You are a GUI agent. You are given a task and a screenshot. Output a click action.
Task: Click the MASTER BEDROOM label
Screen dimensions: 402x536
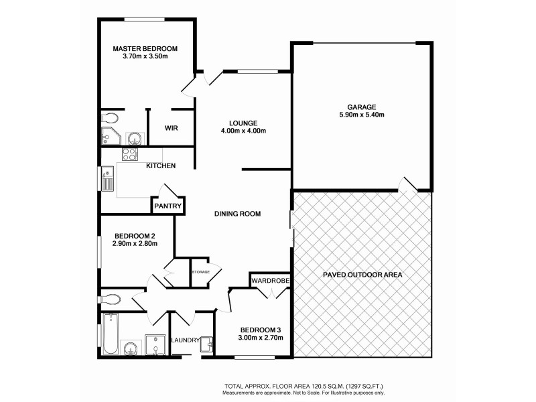pos(145,48)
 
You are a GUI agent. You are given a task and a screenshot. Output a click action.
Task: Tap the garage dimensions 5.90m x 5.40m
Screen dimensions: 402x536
pos(362,115)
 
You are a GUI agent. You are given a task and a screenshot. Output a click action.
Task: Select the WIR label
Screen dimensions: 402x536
pos(171,127)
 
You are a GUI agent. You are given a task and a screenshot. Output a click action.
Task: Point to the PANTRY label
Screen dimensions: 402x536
pos(167,206)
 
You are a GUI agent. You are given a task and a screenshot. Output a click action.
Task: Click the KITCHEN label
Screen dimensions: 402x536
pos(161,165)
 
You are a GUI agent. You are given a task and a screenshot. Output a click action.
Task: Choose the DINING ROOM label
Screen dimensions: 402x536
pos(237,214)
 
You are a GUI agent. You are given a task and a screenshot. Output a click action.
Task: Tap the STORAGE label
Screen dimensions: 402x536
pos(202,272)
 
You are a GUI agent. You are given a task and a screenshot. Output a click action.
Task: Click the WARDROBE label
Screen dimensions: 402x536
pos(270,280)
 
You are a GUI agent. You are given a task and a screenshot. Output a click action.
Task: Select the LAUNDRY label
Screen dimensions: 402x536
pos(186,340)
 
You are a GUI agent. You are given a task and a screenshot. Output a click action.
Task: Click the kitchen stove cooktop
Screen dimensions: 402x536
pos(129,153)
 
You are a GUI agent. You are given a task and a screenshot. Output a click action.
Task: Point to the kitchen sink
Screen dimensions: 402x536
pos(108,180)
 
